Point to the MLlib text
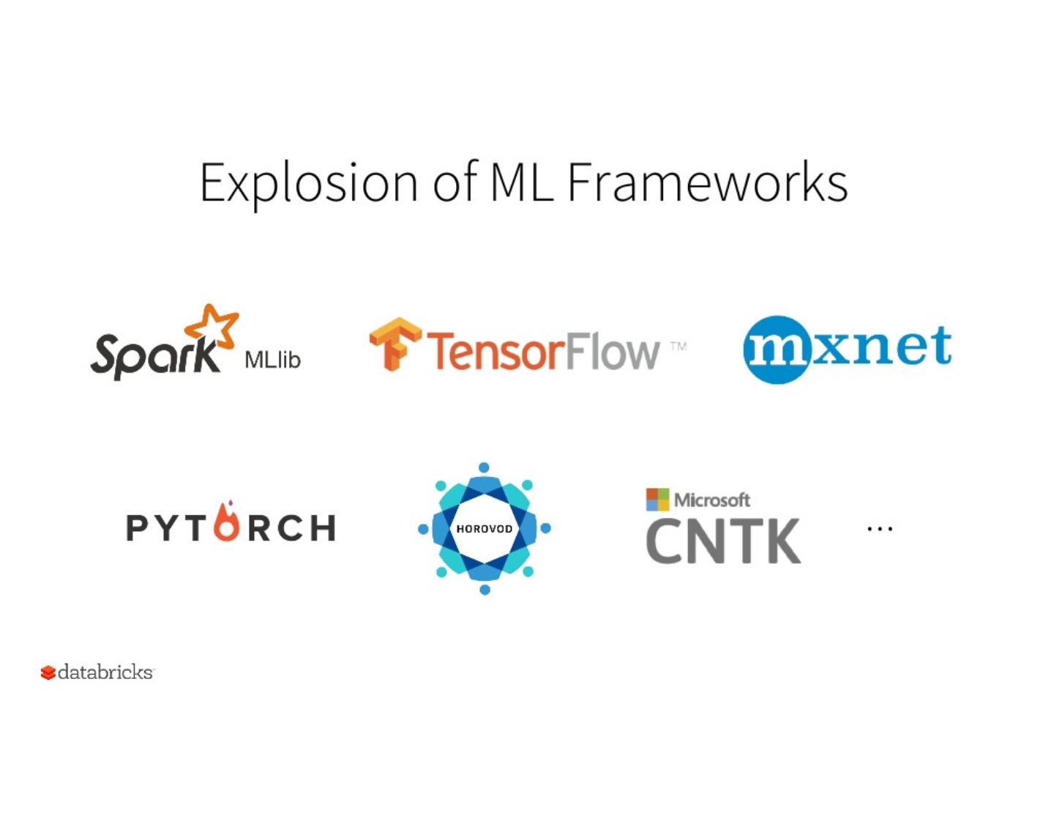272,360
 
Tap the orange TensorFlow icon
395,343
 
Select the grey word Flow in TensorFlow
612,351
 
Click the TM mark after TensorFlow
679,346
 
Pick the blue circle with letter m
777,349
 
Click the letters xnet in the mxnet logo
881,345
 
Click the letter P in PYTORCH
137,528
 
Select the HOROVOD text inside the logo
484,529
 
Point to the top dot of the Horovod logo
484,467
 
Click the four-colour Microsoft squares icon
657,499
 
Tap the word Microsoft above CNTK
711,500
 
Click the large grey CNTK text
723,541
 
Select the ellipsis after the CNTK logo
879,528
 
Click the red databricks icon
48,672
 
